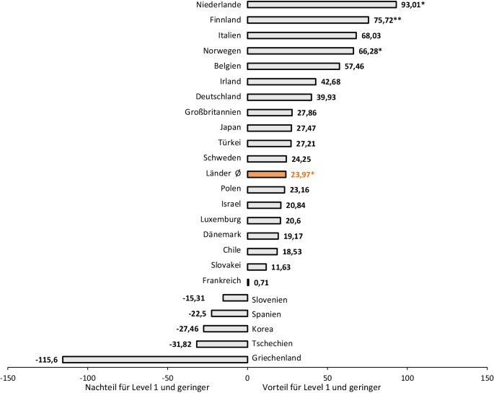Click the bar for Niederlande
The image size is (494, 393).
(322, 4)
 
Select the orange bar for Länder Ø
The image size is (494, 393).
(266, 174)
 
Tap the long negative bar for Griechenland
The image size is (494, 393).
(155, 359)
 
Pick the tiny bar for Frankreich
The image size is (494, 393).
(248, 282)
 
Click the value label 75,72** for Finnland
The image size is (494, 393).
(387, 20)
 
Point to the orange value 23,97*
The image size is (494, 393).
(307, 174)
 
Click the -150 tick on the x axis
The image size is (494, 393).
(8, 376)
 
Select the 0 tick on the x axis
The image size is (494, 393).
(247, 376)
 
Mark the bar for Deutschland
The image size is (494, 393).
(279, 97)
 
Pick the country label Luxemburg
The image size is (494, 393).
(221, 220)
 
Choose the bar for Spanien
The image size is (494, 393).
(229, 313)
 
